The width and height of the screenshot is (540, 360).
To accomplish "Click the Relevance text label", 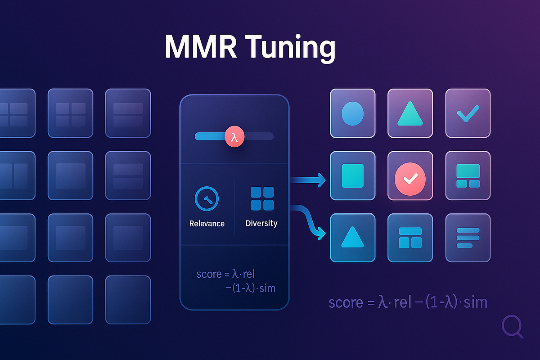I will coord(207,223).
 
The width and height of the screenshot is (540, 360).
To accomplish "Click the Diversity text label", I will coord(261,223).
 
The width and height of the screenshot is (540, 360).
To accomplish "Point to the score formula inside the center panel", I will coord(235,281).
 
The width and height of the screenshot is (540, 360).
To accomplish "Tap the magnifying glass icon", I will coord(513,326).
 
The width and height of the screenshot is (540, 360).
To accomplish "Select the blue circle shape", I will coord(352,113).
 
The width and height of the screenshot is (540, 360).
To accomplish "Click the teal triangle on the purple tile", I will coord(410,114).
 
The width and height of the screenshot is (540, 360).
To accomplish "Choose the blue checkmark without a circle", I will coord(468,115).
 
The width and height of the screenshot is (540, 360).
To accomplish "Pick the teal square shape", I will coord(352,175).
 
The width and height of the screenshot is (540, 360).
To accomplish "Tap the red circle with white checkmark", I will coord(410,178).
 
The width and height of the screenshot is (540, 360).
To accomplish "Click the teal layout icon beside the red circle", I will coord(468,175).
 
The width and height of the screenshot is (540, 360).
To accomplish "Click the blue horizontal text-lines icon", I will coord(468,237).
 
